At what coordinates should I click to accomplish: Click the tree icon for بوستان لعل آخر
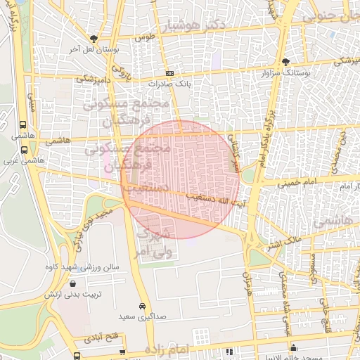click(94, 39)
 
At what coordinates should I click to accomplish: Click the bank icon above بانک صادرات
click(169, 73)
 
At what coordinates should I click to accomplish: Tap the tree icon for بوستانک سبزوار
click(285, 63)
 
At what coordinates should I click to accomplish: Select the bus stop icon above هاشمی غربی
click(25, 149)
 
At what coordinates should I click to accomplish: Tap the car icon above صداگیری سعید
click(143, 307)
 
